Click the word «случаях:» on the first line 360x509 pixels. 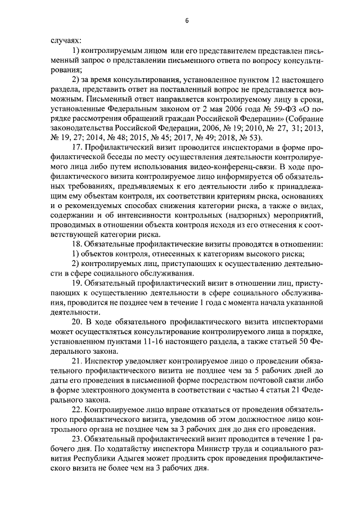66,42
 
